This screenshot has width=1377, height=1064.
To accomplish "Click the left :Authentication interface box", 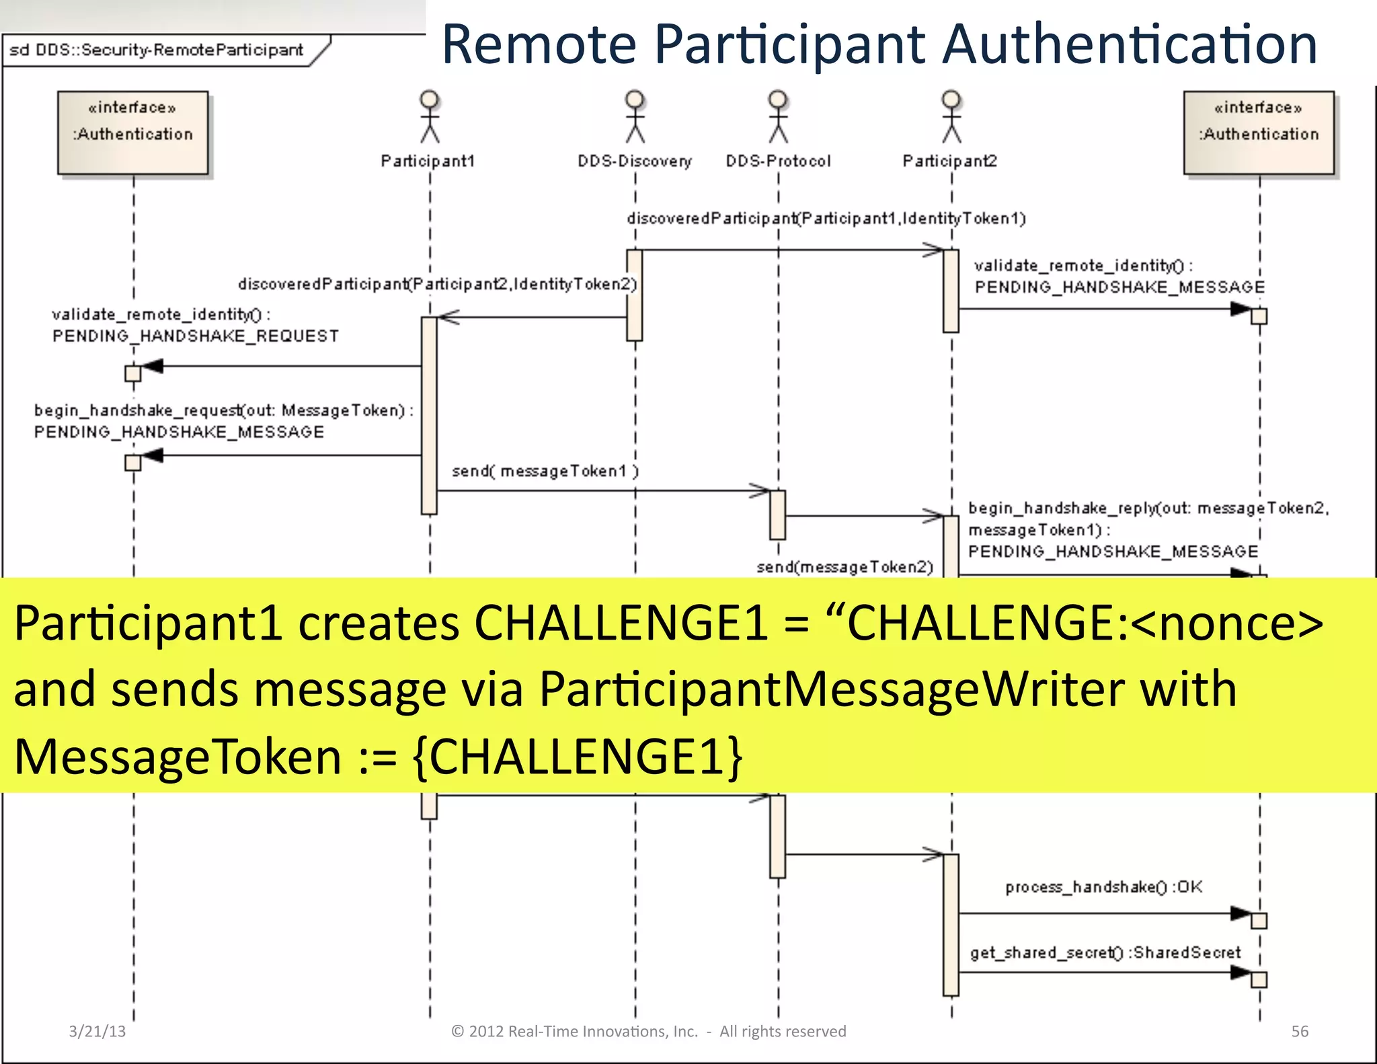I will tap(132, 132).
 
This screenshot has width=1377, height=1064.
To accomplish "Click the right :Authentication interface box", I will tap(1259, 132).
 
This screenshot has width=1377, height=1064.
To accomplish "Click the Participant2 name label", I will tap(949, 161).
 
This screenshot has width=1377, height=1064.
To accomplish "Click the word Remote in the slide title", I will tap(539, 44).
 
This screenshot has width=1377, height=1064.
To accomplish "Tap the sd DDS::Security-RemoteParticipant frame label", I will tap(156, 50).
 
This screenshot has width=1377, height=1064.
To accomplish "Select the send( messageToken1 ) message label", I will tap(545, 471).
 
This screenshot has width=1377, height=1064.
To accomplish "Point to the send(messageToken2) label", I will tap(844, 567).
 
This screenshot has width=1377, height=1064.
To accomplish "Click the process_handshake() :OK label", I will tap(1103, 887).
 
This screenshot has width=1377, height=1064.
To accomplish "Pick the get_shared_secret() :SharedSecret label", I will tap(1105, 952).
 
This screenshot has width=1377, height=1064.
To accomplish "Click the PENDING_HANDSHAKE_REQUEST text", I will tap(195, 336).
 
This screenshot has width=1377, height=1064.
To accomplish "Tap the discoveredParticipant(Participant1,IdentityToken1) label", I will tap(826, 219).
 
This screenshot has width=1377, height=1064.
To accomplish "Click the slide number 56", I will tap(1300, 1031).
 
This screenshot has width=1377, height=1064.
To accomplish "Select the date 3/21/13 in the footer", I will tap(97, 1031).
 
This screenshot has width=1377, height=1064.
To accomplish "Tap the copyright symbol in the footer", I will tap(458, 1031).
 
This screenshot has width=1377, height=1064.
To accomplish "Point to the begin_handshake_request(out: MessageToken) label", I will tap(223, 410).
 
